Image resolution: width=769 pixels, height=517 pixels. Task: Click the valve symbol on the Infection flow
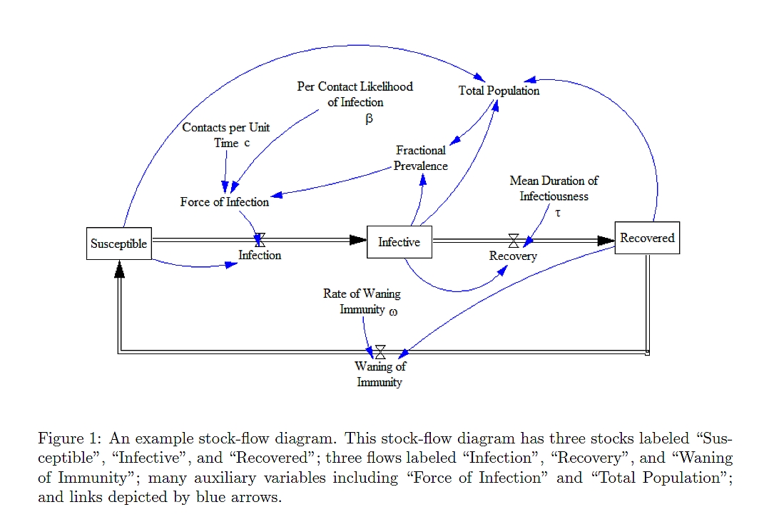click(x=260, y=240)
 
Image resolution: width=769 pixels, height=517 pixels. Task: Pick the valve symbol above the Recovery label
click(x=514, y=241)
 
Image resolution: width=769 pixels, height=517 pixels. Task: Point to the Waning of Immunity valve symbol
click(x=380, y=351)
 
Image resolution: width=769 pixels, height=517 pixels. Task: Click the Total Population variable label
click(x=499, y=91)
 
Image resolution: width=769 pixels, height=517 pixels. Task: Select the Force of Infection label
click(x=224, y=202)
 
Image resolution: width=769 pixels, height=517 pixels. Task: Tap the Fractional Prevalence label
click(x=421, y=158)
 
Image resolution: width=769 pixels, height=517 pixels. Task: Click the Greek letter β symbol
click(x=369, y=119)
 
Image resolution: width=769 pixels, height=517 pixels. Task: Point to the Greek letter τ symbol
click(x=558, y=213)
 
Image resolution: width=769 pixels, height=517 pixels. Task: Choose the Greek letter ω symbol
click(x=393, y=312)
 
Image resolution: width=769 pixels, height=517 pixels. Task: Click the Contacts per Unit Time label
click(x=226, y=135)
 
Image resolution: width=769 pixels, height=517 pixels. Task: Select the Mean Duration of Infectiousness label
click(x=554, y=189)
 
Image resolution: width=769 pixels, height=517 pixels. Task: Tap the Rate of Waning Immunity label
click(x=362, y=301)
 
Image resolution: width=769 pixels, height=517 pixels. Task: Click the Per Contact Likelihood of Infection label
click(x=355, y=94)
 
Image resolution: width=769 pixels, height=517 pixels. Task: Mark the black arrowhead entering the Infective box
click(x=358, y=240)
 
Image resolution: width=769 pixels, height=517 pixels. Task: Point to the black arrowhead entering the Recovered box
click(x=606, y=241)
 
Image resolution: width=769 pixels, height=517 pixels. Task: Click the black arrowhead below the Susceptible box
click(x=119, y=269)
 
